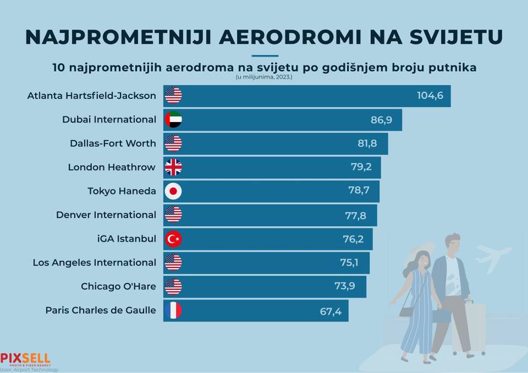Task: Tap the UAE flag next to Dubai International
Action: click(x=173, y=119)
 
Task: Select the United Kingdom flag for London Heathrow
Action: click(x=173, y=167)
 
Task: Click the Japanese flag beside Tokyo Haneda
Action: click(x=173, y=191)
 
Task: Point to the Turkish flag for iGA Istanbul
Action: click(x=173, y=239)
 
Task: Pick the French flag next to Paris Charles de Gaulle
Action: click(x=173, y=310)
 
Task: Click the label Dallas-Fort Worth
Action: click(x=113, y=144)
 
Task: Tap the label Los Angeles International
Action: click(x=94, y=263)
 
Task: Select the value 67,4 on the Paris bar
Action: click(x=330, y=311)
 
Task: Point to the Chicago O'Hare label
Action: click(x=118, y=286)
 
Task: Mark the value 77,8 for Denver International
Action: click(x=356, y=215)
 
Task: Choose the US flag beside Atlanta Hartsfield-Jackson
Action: click(x=173, y=95)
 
